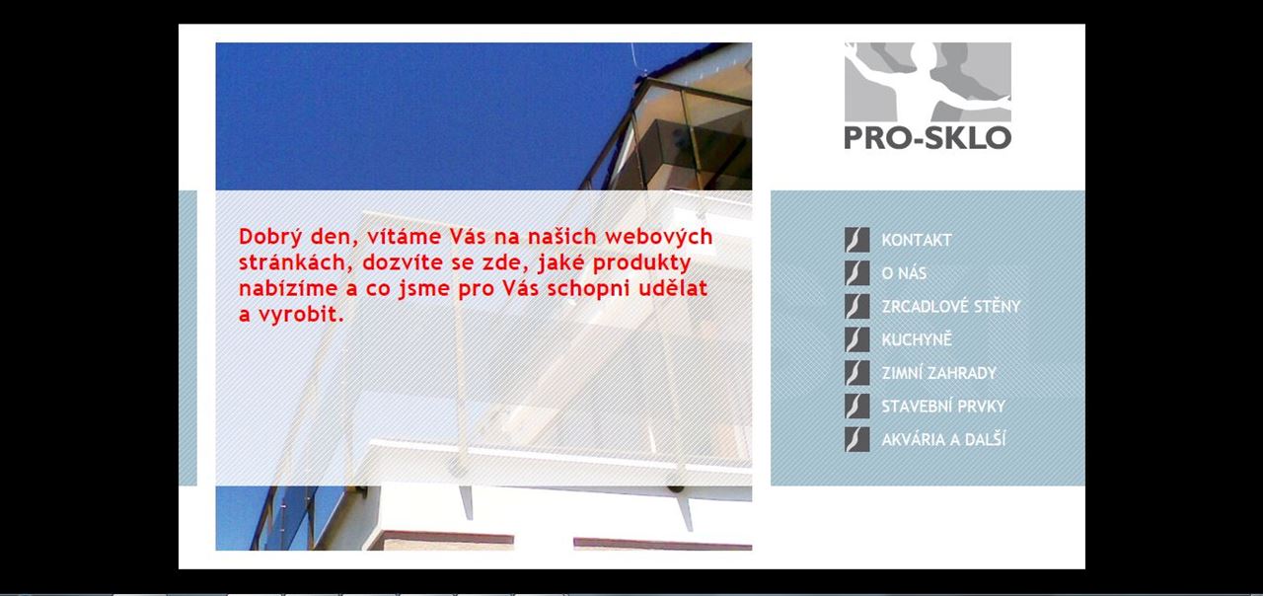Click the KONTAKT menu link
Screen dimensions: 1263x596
pyautogui.click(x=917, y=240)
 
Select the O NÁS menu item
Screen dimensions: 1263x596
pyautogui.click(x=904, y=273)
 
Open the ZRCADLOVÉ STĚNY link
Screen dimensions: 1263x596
pyautogui.click(x=951, y=306)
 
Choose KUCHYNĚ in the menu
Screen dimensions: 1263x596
pyautogui.click(x=917, y=339)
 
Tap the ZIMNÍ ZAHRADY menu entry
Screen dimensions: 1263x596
pyautogui.click(x=939, y=373)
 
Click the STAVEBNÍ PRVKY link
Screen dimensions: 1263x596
pyautogui.click(x=943, y=406)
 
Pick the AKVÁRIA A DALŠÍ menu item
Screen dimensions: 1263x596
pyautogui.click(x=943, y=439)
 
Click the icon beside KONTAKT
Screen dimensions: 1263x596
pyautogui.click(x=857, y=240)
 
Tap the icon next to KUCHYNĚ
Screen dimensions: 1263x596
pyautogui.click(x=857, y=339)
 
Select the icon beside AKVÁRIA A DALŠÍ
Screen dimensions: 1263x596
pyautogui.click(x=857, y=439)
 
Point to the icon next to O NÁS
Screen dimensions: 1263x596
pyautogui.click(x=857, y=273)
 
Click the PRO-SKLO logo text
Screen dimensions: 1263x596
pyautogui.click(x=928, y=137)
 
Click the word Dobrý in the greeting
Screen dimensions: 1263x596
pyautogui.click(x=271, y=237)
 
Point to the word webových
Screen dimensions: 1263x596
pyautogui.click(x=659, y=237)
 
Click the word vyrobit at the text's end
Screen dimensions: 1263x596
pyautogui.click(x=301, y=314)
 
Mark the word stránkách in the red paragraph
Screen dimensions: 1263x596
pyautogui.click(x=296, y=262)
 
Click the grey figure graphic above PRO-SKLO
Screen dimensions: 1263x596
pyautogui.click(x=928, y=82)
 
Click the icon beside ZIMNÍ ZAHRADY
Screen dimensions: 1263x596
pyautogui.click(x=857, y=373)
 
